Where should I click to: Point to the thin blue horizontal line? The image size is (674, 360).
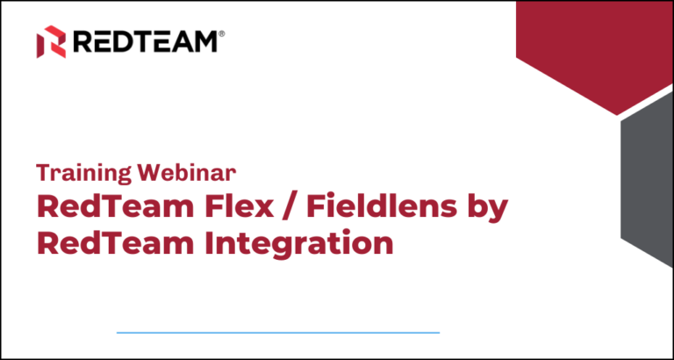(x=277, y=333)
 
